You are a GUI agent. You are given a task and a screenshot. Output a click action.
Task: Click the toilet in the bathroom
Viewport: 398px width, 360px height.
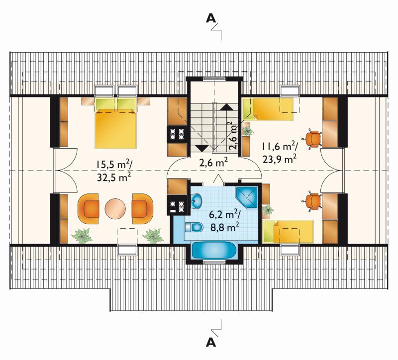pos(194,227)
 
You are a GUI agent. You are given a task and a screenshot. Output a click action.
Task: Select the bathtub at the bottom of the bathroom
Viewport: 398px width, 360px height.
pos(214,251)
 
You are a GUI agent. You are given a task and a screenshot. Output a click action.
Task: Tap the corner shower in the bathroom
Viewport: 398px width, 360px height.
pos(247,197)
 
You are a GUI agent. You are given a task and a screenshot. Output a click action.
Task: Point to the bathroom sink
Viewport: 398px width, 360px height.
pos(196,200)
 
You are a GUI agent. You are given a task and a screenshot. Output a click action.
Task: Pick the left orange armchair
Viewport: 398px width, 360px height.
pos(89,209)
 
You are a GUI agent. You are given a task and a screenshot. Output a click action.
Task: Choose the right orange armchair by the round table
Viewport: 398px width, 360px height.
pos(142,209)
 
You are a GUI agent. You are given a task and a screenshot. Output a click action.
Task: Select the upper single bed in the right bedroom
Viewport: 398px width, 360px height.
pos(268,109)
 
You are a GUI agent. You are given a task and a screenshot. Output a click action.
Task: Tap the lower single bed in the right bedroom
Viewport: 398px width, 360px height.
pos(289,231)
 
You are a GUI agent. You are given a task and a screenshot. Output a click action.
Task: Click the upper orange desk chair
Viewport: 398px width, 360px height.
pos(312,139)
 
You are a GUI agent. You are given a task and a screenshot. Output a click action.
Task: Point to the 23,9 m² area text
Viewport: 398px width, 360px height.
pos(279,160)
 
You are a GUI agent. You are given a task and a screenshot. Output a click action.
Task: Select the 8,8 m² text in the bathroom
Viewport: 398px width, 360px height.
pos(225,226)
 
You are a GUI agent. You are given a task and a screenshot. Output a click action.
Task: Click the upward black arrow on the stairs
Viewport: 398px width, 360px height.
pos(226,107)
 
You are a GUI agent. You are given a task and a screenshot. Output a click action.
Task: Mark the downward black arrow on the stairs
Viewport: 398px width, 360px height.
pos(202,148)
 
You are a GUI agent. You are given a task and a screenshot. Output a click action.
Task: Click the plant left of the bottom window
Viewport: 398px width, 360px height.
pos(82,236)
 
